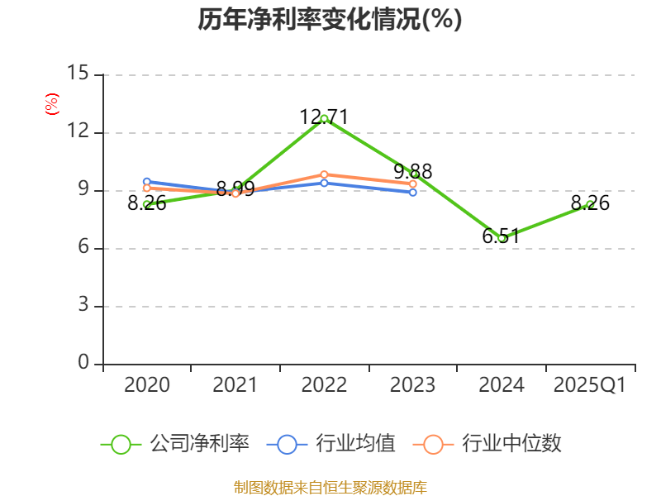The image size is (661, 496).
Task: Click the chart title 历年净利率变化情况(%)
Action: click(330, 20)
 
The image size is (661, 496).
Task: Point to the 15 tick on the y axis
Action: click(78, 74)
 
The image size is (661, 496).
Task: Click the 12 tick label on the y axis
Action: click(78, 131)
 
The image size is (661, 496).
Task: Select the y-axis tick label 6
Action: click(83, 247)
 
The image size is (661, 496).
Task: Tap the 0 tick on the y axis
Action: click(83, 363)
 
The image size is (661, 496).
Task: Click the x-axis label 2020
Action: click(147, 385)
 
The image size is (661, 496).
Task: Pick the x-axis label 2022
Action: click(324, 385)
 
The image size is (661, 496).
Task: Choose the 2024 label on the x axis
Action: click(502, 385)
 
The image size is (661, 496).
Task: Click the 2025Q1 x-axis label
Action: click(590, 385)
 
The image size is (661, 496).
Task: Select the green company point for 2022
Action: click(324, 118)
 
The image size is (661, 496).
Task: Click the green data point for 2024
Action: click(502, 238)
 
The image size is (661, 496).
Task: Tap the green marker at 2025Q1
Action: click(590, 204)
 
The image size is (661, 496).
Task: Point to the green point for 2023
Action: click(413, 174)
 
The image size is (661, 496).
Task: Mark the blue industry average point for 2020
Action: click(147, 181)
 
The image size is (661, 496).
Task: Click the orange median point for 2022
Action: click(324, 174)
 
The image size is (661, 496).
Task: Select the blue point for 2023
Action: click(413, 192)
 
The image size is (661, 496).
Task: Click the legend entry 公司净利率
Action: click(175, 444)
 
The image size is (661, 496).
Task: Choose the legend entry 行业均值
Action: click(331, 444)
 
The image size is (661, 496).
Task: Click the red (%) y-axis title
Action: click(52, 104)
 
